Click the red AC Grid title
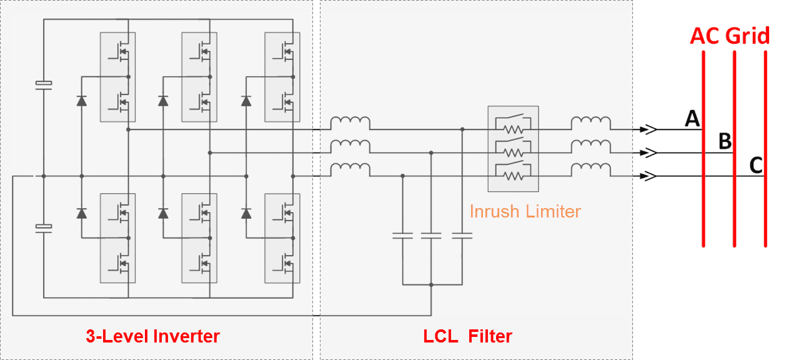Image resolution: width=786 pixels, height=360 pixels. pyautogui.click(x=729, y=36)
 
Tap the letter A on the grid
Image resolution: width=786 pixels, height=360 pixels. pyautogui.click(x=692, y=118)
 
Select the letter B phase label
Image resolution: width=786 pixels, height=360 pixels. pyautogui.click(x=725, y=141)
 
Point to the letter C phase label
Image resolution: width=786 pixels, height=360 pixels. pyautogui.click(x=755, y=165)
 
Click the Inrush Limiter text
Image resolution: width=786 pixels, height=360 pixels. pyautogui.click(x=525, y=211)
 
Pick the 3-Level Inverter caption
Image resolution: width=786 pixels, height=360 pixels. pyautogui.click(x=152, y=336)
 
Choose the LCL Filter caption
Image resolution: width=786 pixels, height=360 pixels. pyautogui.click(x=467, y=336)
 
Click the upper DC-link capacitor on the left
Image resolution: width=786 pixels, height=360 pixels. pyautogui.click(x=43, y=83)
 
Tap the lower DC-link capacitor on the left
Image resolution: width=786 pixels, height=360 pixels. pyautogui.click(x=43, y=227)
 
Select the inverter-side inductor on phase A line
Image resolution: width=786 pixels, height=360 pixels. pyautogui.click(x=350, y=122)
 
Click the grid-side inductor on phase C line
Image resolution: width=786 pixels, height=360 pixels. pyautogui.click(x=591, y=169)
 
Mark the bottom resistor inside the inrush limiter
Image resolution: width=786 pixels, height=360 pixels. pyautogui.click(x=513, y=177)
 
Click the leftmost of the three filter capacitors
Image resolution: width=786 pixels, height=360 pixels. pyautogui.click(x=402, y=236)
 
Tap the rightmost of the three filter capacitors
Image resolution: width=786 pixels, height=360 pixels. pyautogui.click(x=462, y=236)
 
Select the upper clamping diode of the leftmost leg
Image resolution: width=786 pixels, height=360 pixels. pyautogui.click(x=81, y=101)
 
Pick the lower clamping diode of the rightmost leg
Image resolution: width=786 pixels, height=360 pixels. pyautogui.click(x=246, y=214)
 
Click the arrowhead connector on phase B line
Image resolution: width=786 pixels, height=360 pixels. pyautogui.click(x=649, y=153)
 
